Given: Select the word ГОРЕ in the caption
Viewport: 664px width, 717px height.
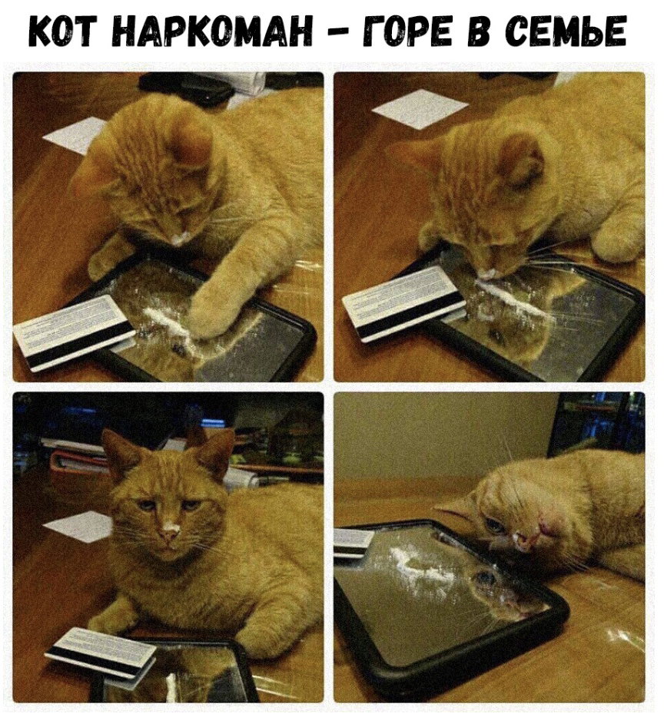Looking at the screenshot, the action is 408,32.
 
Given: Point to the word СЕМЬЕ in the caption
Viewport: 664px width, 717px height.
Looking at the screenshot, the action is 566,32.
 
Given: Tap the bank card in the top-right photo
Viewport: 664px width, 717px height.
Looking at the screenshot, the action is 404,302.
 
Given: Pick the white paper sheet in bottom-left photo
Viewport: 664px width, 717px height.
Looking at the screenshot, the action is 78,527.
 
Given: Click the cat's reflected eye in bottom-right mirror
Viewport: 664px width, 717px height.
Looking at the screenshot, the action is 483,577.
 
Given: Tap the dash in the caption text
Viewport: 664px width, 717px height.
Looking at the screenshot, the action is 338,33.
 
